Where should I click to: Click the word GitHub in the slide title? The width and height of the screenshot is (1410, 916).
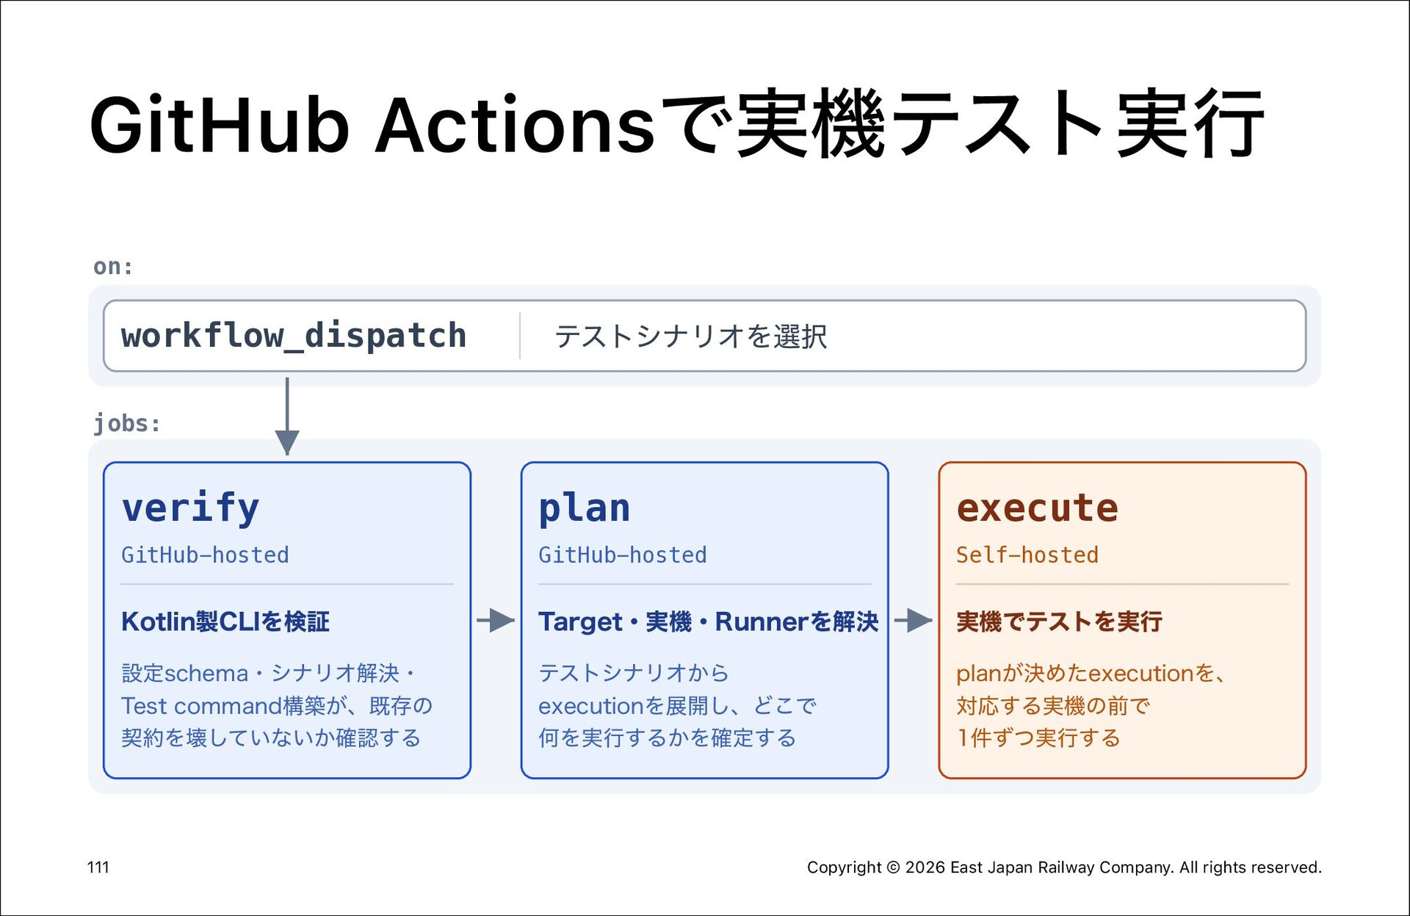[219, 125]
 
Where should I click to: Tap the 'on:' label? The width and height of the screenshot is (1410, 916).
[113, 266]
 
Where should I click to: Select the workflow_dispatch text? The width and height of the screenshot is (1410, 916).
[294, 336]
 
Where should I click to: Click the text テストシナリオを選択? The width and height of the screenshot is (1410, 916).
[690, 336]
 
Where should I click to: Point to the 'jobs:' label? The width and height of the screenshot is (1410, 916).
[127, 423]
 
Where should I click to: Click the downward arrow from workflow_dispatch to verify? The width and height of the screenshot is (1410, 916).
[287, 416]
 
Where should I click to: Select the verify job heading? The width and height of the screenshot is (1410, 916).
[190, 508]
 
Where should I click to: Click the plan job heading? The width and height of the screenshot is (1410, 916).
[585, 508]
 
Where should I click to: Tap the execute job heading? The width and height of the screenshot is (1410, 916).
[1037, 508]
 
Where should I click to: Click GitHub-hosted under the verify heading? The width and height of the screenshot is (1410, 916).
[205, 555]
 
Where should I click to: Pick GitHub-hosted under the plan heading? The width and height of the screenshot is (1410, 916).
[623, 555]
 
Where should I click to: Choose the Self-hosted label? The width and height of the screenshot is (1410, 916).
[1027, 555]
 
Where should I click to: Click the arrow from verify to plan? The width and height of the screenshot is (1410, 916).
[496, 621]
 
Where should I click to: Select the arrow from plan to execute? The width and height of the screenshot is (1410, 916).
[914, 621]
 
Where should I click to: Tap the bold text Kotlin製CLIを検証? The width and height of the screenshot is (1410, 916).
[225, 621]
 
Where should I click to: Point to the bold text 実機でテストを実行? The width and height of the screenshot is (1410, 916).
[1059, 621]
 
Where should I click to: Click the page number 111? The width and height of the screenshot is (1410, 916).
[98, 868]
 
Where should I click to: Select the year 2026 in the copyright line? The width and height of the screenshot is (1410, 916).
[925, 868]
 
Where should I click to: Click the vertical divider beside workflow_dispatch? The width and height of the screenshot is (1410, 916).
[520, 336]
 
